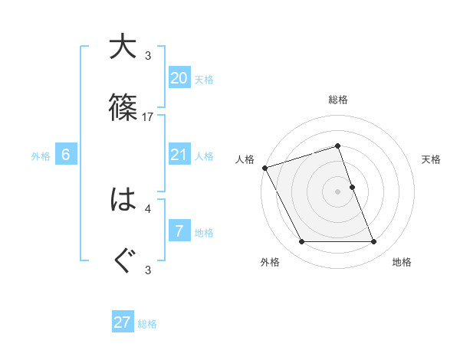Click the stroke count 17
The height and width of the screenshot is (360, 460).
[x=148, y=116]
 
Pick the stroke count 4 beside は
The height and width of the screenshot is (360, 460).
[x=148, y=208]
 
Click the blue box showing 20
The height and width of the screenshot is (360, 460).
[x=179, y=78]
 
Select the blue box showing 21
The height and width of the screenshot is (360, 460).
[x=179, y=155]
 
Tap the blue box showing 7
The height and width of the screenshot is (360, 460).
[x=179, y=231]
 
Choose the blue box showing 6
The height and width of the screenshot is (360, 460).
[x=66, y=155]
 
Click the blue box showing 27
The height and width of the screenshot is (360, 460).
[x=123, y=322]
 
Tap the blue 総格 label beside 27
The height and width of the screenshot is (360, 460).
[x=147, y=324]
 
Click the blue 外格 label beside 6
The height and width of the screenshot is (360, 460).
[x=41, y=156]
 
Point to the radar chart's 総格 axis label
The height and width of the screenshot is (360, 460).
[x=338, y=100]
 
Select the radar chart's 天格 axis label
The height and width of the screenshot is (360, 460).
[x=432, y=159]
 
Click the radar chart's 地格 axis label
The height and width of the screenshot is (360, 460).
[x=402, y=262]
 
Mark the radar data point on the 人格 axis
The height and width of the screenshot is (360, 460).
[x=264, y=168]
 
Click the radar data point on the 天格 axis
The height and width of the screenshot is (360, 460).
[x=352, y=187]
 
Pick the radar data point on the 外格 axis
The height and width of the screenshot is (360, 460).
[x=301, y=242]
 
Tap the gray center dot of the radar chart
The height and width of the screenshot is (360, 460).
[x=338, y=191]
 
